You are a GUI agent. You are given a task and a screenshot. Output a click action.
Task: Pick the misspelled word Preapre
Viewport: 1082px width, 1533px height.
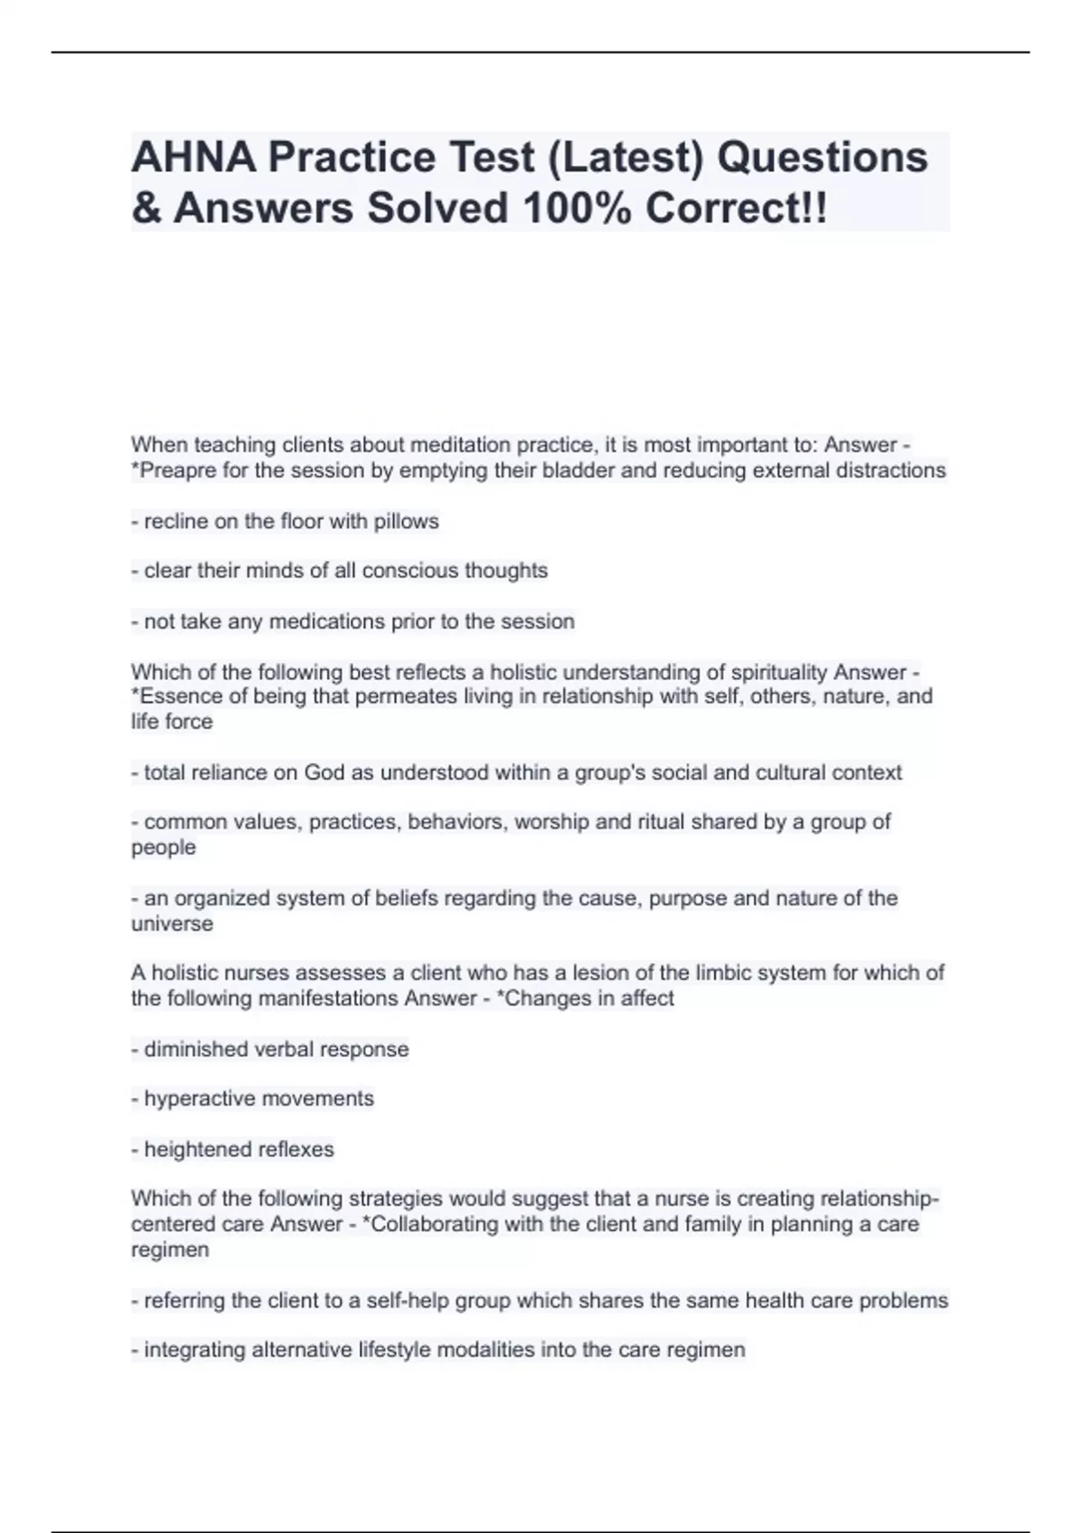175,470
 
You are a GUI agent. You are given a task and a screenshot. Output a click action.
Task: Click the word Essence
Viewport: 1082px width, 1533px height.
177,696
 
